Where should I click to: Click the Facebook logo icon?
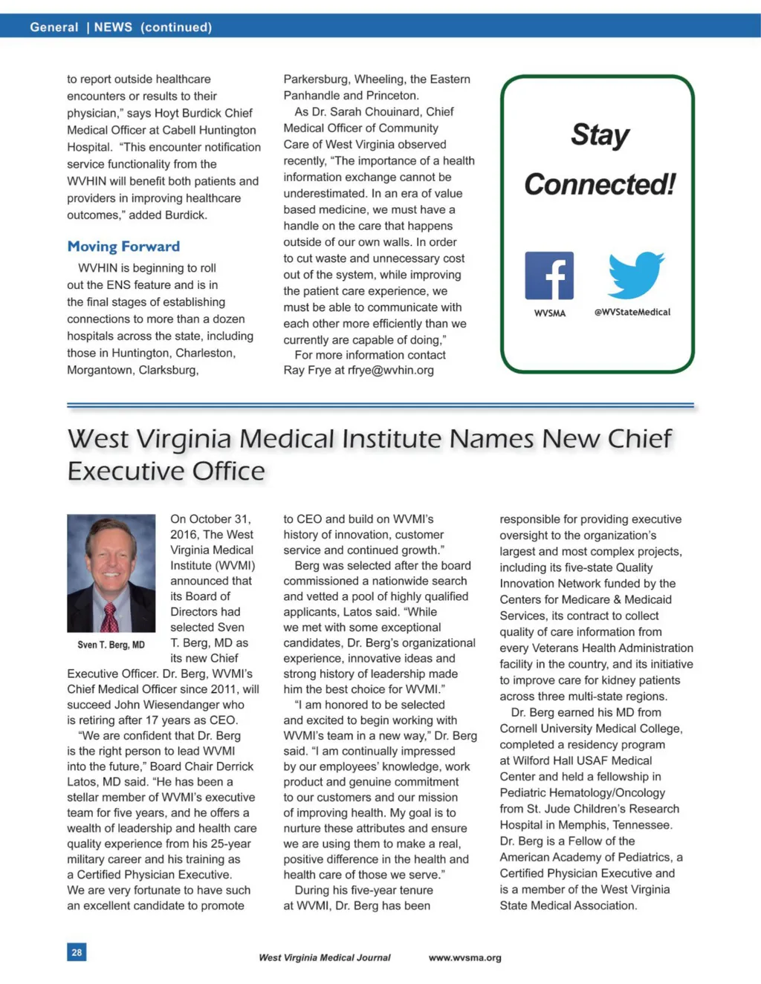[549, 276]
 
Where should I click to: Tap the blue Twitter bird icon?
[635, 275]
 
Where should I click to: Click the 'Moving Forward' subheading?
[123, 247]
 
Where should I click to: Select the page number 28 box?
[77, 952]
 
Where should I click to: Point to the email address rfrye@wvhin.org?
[390, 370]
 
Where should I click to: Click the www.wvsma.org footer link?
[464, 957]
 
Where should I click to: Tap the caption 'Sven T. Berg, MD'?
[111, 645]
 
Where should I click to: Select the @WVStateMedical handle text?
[632, 313]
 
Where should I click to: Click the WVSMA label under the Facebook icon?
[549, 313]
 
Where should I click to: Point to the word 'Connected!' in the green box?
[600, 184]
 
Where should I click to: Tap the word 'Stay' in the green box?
[600, 135]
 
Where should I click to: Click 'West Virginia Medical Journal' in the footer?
[324, 957]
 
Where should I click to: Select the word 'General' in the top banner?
[54, 27]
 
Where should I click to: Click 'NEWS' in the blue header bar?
[113, 27]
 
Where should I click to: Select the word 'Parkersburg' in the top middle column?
[315, 79]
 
